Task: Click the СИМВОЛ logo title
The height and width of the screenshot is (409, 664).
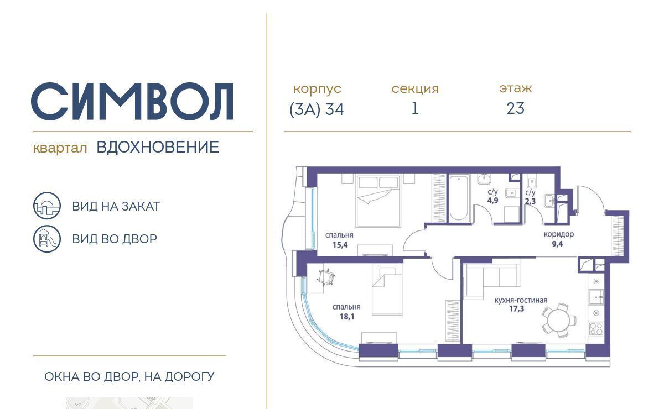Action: [x=132, y=101]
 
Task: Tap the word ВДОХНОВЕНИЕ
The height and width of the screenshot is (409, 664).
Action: [x=158, y=147]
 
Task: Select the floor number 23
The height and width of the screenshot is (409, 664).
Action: [x=515, y=108]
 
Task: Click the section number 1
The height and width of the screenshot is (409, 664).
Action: [x=415, y=108]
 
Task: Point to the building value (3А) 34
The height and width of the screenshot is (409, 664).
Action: [x=317, y=109]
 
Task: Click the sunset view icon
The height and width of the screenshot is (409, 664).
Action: [x=47, y=206]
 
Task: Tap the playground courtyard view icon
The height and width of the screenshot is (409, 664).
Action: [x=47, y=239]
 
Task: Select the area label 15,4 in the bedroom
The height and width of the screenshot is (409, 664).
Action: [x=340, y=245]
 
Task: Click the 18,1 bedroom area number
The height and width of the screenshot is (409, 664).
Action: [x=347, y=317]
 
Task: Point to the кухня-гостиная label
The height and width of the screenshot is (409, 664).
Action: [x=521, y=300]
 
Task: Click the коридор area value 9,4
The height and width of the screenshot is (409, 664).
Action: [x=557, y=244]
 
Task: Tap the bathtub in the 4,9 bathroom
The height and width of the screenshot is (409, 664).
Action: [x=459, y=198]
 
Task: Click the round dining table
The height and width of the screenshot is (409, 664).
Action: [x=558, y=320]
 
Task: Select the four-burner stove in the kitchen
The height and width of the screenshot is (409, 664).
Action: [x=596, y=328]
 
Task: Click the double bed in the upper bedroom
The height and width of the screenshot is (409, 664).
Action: [x=377, y=201]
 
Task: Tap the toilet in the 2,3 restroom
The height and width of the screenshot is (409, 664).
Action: [x=531, y=181]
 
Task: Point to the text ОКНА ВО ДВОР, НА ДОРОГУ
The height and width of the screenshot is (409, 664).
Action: [x=129, y=376]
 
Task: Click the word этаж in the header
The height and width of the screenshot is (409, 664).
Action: [x=516, y=88]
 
